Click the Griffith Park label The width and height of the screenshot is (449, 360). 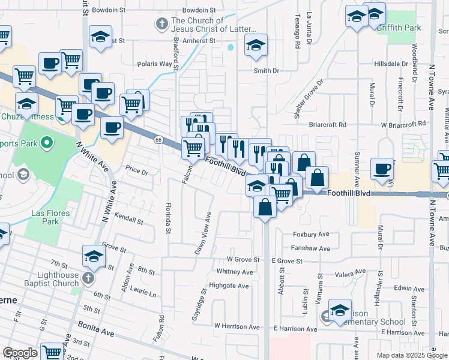tap(404, 28)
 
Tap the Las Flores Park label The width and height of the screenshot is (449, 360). tap(52, 217)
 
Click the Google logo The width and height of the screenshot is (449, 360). tap(20, 353)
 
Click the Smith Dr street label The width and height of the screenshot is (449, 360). tap(267, 71)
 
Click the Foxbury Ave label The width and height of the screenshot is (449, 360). tap(312, 235)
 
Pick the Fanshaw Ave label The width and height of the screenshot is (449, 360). tap(312, 248)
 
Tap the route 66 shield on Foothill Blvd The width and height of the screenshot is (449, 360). tap(158, 140)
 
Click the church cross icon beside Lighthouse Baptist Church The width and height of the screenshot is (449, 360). tap(88, 278)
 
